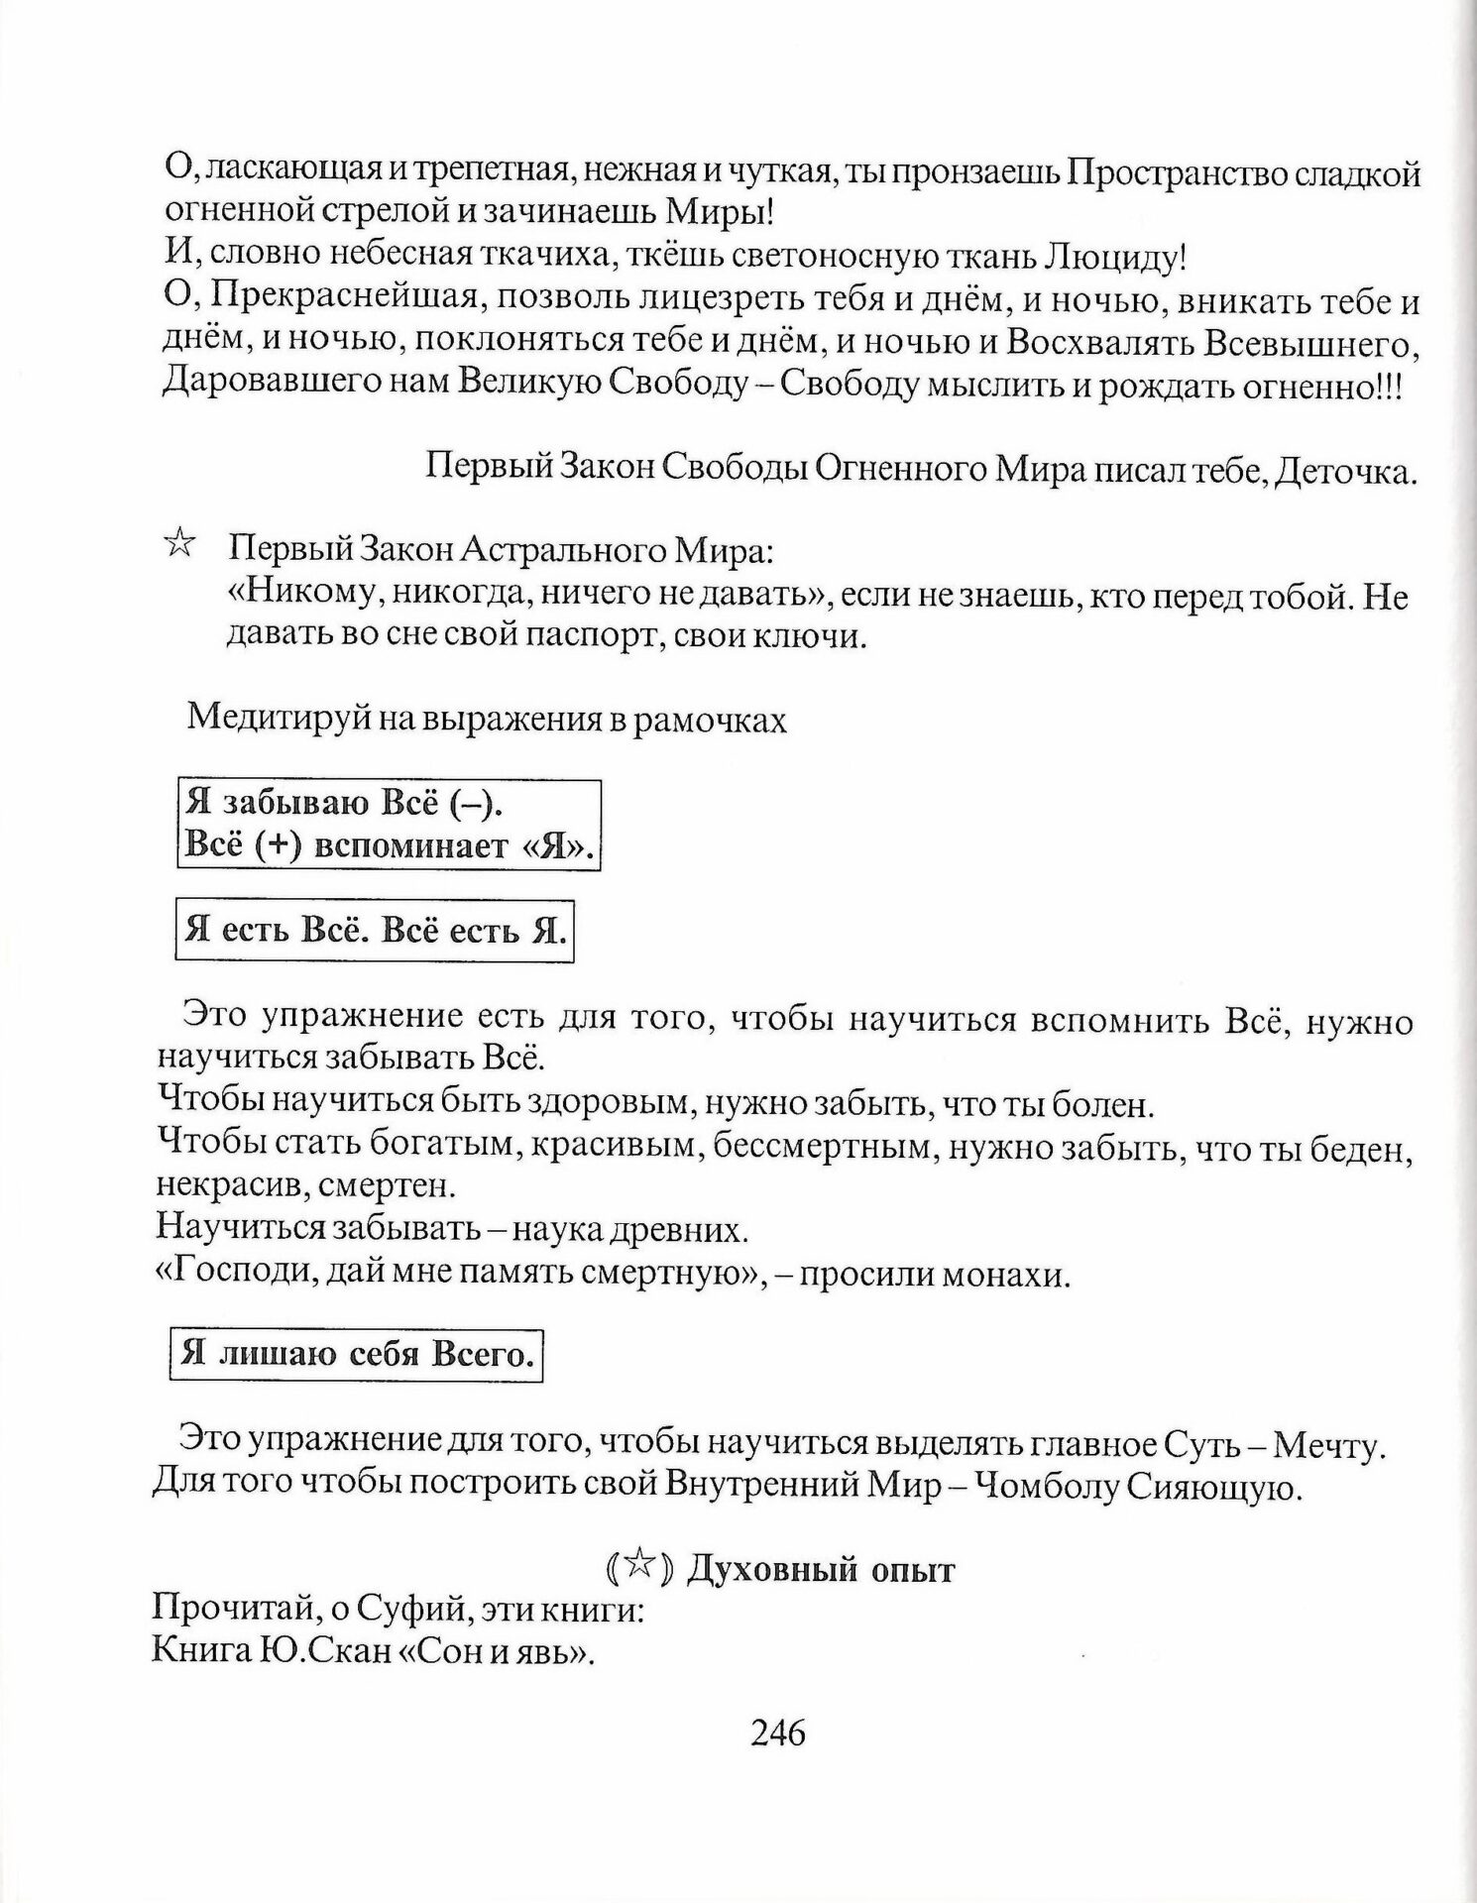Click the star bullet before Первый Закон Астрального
coord(179,544)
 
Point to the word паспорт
coord(591,635)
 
